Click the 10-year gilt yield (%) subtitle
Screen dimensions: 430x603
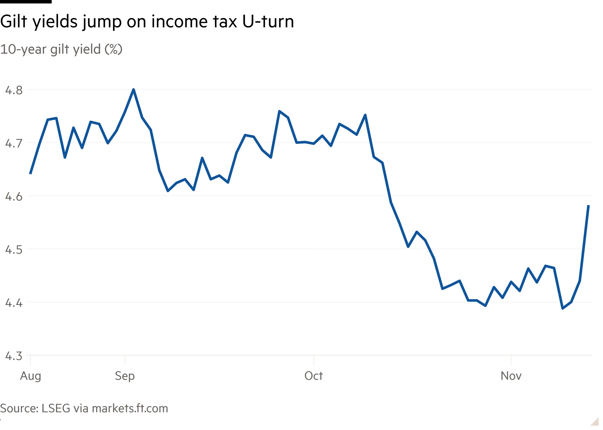click(x=61, y=50)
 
